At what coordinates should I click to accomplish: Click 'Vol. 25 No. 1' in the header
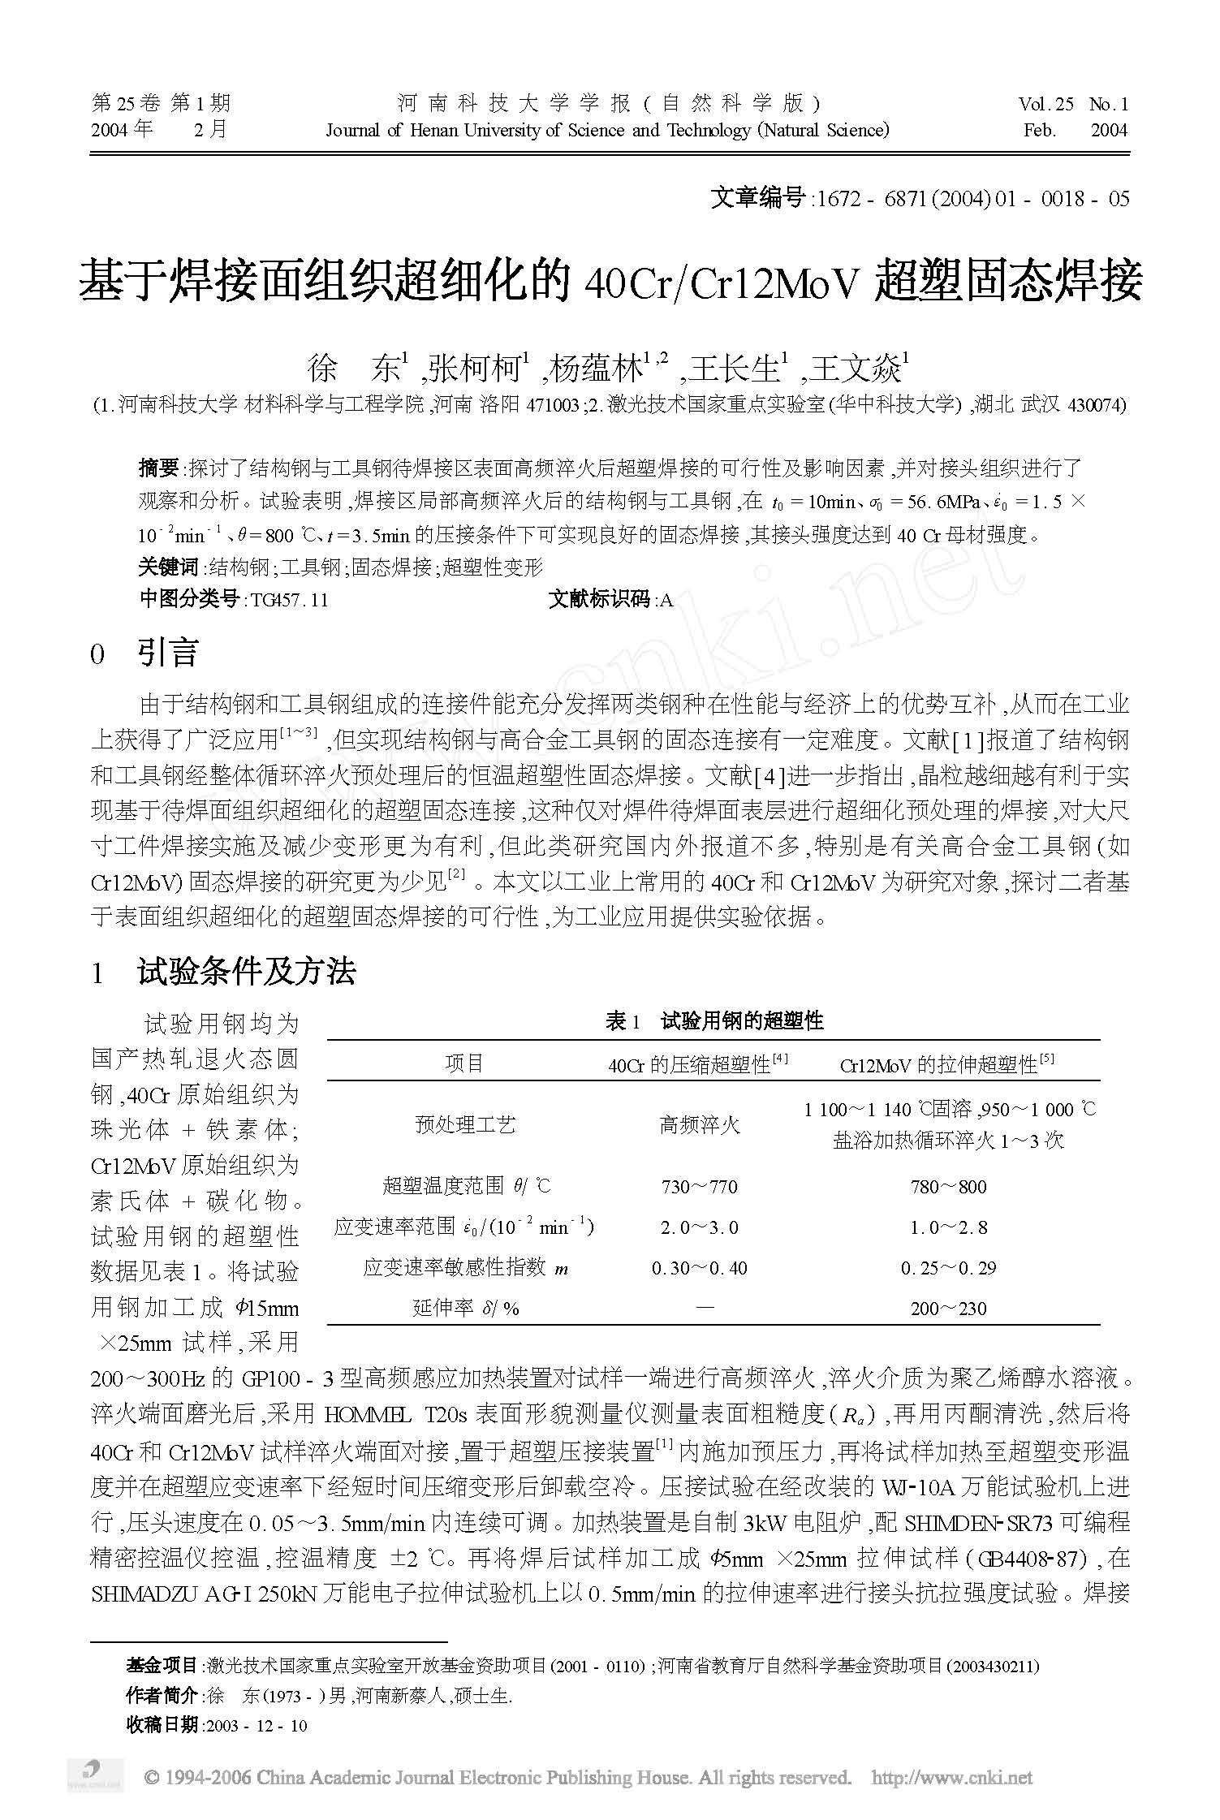click(x=1073, y=104)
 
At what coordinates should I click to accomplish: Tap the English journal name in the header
click(x=607, y=131)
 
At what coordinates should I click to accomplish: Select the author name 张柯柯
click(x=477, y=369)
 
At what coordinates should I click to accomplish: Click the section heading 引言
click(x=168, y=653)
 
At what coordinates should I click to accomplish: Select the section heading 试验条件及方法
click(x=247, y=972)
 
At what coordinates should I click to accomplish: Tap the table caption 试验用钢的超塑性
click(x=742, y=1021)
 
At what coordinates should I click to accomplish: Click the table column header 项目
click(x=464, y=1063)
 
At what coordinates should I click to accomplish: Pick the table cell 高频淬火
click(x=699, y=1125)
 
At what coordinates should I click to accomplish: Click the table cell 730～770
click(x=699, y=1187)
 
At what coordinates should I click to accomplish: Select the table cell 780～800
click(x=948, y=1187)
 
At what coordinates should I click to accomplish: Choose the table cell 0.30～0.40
click(x=699, y=1268)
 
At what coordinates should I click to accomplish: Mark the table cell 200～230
click(x=948, y=1309)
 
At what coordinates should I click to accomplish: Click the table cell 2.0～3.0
click(x=699, y=1227)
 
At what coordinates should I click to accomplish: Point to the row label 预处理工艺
click(x=464, y=1125)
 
